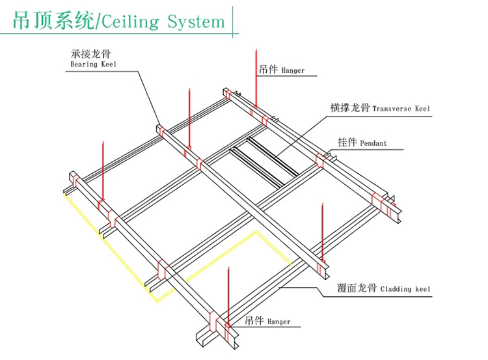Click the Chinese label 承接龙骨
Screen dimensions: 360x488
(x=87, y=55)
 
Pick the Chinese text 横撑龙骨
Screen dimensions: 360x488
(x=350, y=108)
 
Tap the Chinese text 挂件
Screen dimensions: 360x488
(x=346, y=143)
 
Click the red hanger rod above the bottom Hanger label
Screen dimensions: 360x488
(x=228, y=293)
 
